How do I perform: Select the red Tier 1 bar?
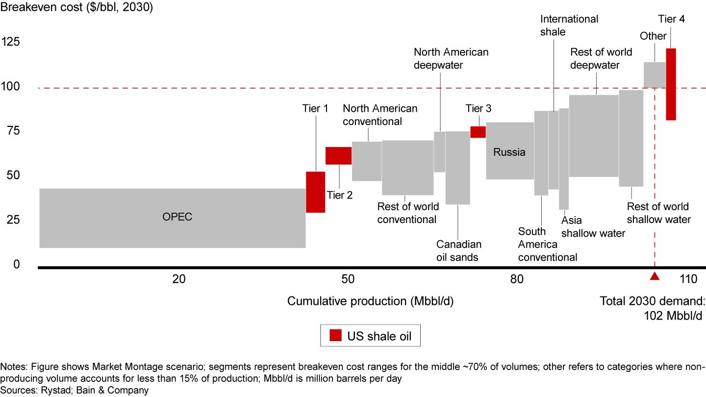(315, 192)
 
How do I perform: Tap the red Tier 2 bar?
(338, 156)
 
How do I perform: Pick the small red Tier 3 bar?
(478, 132)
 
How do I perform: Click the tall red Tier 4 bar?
(671, 84)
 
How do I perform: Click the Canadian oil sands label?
(459, 250)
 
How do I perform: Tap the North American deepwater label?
(451, 58)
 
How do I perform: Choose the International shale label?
(569, 25)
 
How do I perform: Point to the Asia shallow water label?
(593, 226)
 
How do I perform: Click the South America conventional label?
(548, 244)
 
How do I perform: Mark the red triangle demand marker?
(655, 276)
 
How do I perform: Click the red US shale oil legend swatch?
(335, 336)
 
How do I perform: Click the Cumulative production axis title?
(370, 301)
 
